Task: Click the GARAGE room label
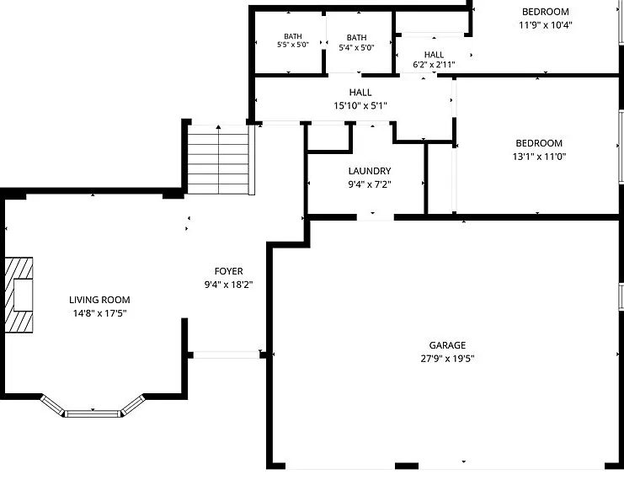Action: [x=447, y=345]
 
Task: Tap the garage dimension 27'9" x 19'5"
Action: [x=447, y=359]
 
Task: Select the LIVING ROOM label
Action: [x=99, y=300]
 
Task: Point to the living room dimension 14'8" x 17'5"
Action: [x=99, y=313]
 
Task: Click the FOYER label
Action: [x=228, y=271]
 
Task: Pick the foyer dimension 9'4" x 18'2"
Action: [x=228, y=285]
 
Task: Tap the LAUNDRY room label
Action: [x=370, y=171]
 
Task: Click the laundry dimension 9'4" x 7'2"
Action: [x=370, y=184]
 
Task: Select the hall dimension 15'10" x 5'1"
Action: [x=360, y=105]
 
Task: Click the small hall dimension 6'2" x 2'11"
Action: [x=434, y=65]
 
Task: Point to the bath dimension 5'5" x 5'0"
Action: [x=293, y=45]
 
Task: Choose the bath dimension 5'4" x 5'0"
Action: [x=356, y=48]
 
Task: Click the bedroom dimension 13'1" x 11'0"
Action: [x=539, y=157]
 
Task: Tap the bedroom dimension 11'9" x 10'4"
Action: [x=546, y=25]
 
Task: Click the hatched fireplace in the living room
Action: [x=19, y=295]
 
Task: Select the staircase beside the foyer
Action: [x=218, y=159]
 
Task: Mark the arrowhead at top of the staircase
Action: [x=218, y=127]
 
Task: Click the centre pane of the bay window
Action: [x=93, y=413]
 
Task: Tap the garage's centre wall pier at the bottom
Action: [x=407, y=466]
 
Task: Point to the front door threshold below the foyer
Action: [x=227, y=354]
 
